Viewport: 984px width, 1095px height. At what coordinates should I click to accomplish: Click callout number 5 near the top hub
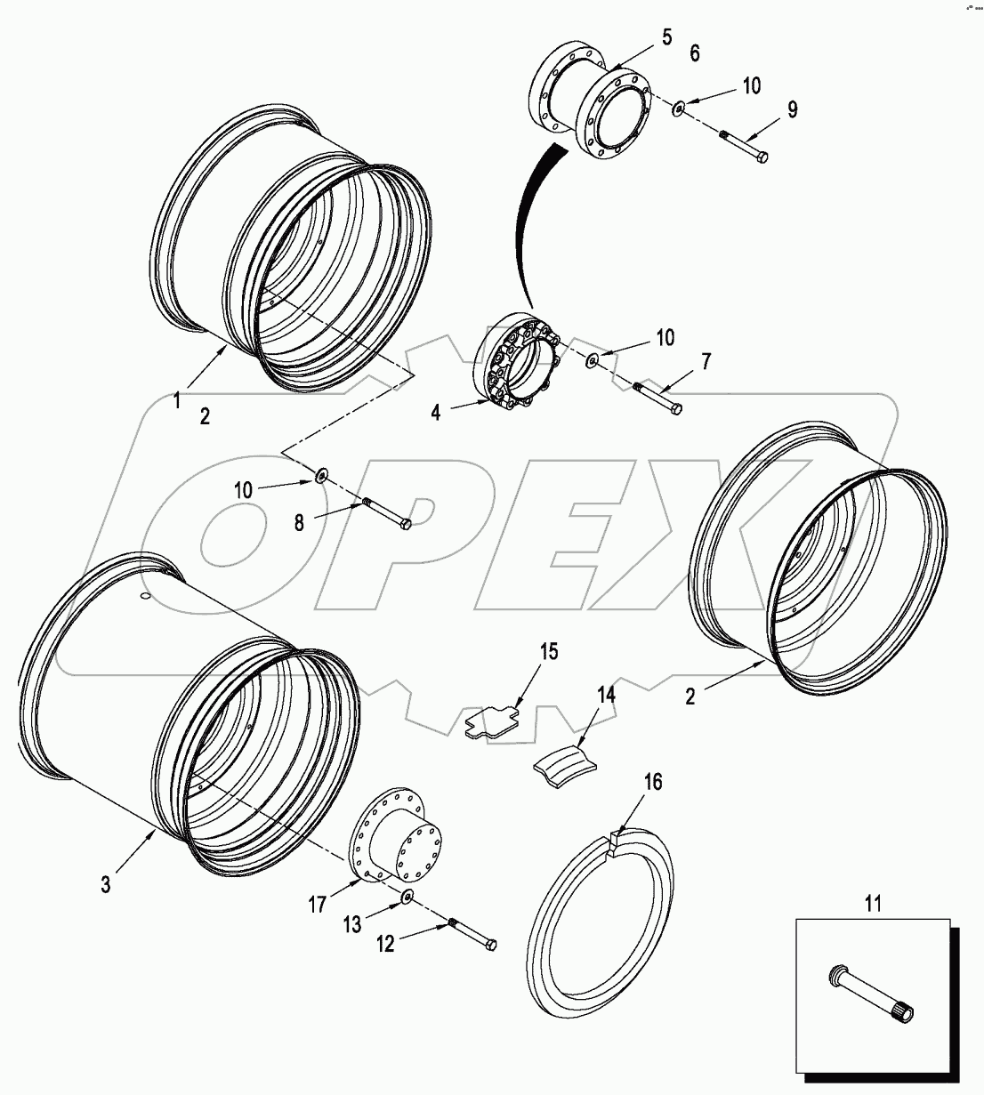tap(666, 37)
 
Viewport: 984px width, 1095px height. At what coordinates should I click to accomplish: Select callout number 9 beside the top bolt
tap(791, 109)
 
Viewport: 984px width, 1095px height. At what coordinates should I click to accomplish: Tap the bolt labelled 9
tap(743, 147)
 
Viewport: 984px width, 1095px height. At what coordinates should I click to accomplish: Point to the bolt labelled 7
tap(658, 397)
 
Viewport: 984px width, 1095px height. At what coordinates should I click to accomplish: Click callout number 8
tap(300, 522)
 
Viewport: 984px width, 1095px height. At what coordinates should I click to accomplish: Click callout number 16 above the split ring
tap(653, 783)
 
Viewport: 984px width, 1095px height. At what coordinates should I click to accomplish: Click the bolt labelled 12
tap(472, 933)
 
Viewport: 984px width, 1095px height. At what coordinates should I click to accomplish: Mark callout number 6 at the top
tap(694, 53)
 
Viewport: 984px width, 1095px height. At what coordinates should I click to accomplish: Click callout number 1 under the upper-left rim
tap(176, 401)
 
